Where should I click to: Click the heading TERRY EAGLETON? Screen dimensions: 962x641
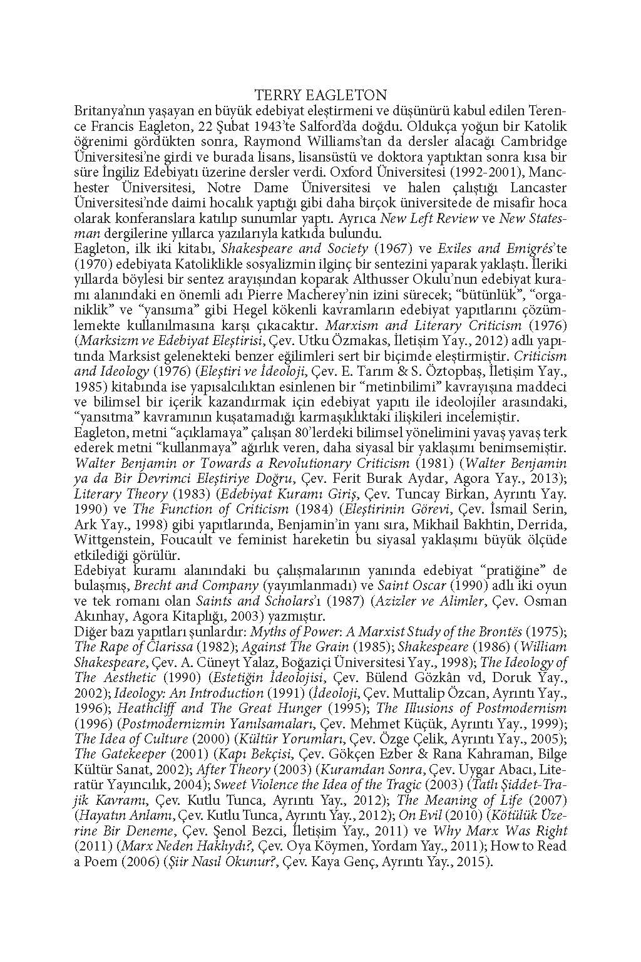(x=321, y=95)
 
